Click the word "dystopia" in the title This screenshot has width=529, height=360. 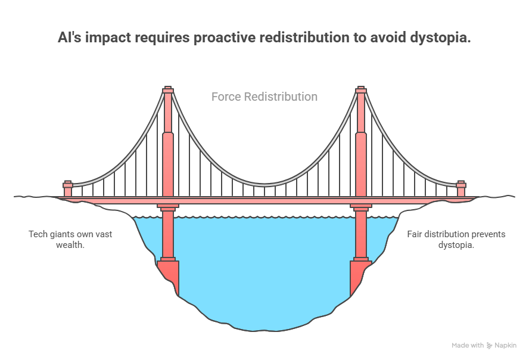coord(440,38)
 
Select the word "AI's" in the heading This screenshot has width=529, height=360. coord(70,37)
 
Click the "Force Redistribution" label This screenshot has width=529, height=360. coord(264,97)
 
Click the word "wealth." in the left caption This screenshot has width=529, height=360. coord(70,245)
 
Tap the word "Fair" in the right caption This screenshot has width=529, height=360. coord(415,234)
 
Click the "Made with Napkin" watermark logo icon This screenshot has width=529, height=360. coord(489,346)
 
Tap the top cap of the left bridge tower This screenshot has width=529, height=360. coord(168,89)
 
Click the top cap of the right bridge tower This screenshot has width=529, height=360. coord(361,89)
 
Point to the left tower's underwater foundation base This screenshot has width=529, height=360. coord(168,277)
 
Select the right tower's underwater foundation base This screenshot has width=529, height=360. coord(360,277)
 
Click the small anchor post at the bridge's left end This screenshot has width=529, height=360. coord(68,188)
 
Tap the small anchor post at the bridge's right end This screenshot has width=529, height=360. coord(461,188)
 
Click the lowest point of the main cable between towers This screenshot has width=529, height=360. coord(264,185)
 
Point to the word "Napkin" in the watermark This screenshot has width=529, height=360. coord(505,346)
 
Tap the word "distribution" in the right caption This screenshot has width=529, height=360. coord(446,234)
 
